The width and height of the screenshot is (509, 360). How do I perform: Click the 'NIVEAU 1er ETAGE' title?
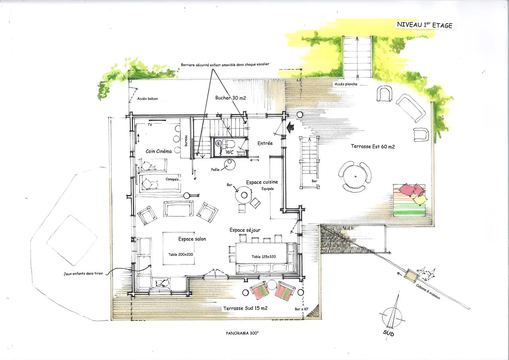(425, 25)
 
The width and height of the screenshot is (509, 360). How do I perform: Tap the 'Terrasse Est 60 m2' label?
(373, 147)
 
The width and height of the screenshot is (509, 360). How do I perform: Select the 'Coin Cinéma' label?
(159, 151)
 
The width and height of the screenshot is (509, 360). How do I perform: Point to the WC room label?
(229, 152)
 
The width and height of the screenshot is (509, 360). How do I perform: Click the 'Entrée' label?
(265, 143)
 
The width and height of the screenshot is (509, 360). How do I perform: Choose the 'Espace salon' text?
(192, 239)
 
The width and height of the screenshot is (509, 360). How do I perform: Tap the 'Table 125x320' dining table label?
(264, 257)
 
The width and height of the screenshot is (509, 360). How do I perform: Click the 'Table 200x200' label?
(180, 255)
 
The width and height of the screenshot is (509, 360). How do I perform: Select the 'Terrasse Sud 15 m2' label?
(245, 308)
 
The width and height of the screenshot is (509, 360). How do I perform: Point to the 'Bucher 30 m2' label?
(231, 98)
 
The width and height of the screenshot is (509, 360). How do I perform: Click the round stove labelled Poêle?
(229, 164)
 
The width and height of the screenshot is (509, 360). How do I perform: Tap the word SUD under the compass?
(388, 333)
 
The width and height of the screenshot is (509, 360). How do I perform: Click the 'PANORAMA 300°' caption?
(242, 333)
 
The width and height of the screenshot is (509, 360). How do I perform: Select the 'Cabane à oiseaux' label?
(428, 292)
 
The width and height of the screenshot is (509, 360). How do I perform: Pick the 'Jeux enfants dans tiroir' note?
(83, 273)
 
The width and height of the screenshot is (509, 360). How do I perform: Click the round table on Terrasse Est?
(355, 177)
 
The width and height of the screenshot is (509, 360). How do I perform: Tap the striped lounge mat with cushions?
(409, 200)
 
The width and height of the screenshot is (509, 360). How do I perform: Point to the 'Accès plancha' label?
(346, 84)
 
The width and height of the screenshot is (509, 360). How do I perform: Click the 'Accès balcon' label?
(147, 99)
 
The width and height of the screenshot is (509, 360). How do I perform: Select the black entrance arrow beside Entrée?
(290, 127)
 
